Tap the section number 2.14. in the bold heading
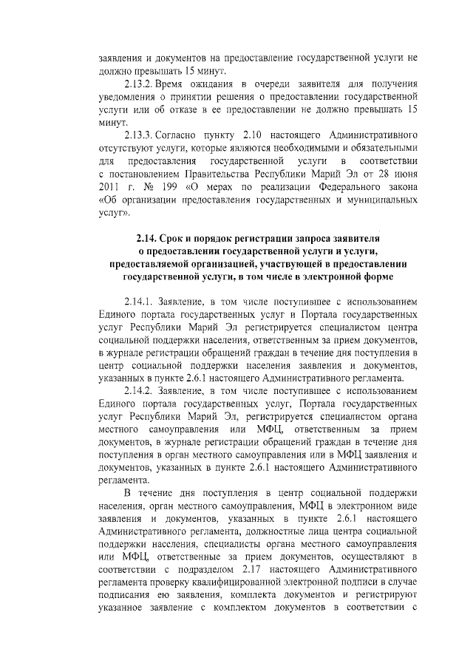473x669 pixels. click(x=149, y=239)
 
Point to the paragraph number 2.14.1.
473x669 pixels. click(x=140, y=302)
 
